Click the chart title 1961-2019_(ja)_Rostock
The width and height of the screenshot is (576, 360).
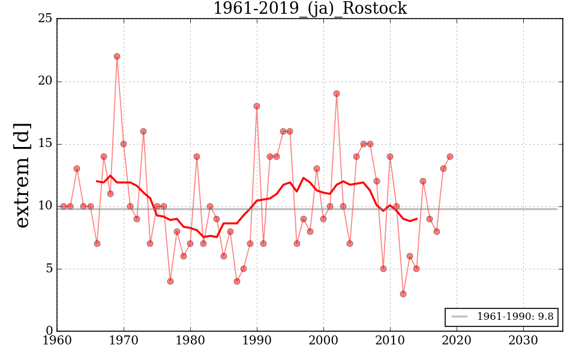coord(310,8)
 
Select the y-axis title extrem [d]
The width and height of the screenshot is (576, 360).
coord(22,175)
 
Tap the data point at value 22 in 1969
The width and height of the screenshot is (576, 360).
coord(117,56)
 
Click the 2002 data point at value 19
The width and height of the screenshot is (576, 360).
coord(337,94)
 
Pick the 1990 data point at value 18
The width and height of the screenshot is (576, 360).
coord(257,106)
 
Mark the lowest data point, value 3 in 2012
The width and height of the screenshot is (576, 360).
coord(403,294)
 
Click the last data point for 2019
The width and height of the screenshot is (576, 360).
coord(450,157)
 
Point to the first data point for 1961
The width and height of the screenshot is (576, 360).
coord(64,206)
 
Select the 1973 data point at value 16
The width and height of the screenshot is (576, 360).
coord(143,131)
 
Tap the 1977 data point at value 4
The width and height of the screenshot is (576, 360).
coord(170,281)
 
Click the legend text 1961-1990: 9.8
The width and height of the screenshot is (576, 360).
coord(514,317)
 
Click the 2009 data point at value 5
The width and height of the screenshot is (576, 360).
coord(383,269)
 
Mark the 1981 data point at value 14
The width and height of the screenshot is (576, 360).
coord(197,157)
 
